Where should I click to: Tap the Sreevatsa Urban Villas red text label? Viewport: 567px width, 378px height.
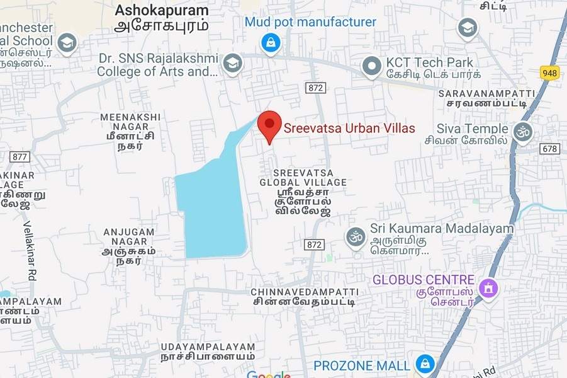coord(349,129)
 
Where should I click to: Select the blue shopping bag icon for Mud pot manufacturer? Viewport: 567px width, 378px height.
coord(270,43)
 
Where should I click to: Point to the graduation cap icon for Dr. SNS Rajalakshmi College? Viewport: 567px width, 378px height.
coord(233,63)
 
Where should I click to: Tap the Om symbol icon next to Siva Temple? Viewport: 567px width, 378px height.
coord(522,132)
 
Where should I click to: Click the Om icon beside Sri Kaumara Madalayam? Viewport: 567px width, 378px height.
coord(356,237)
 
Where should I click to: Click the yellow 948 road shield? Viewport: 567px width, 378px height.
coord(549,74)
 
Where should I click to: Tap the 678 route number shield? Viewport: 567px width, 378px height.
coord(549,149)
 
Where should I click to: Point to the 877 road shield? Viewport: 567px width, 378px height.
coord(20,156)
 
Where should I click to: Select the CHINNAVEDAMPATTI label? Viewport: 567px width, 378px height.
coord(305,292)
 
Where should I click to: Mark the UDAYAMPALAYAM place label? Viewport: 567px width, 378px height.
coord(208,347)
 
